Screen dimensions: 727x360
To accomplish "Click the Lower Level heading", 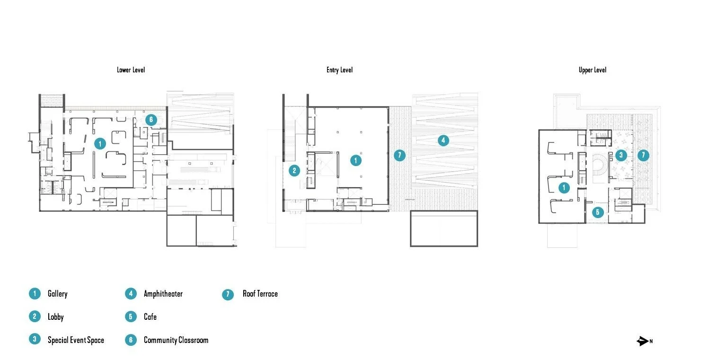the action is coord(131,70).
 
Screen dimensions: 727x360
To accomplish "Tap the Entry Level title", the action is coord(339,70).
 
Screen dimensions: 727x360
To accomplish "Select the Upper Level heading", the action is coord(592,70).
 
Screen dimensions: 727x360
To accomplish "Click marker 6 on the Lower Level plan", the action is coord(151,120).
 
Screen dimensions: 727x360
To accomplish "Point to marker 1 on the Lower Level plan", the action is coord(99,143).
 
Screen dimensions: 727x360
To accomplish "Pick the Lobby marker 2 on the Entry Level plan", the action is coord(294,170).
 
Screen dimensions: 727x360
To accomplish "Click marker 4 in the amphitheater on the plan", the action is coord(443,140).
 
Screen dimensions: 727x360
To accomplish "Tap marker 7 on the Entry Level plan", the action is coord(400,155).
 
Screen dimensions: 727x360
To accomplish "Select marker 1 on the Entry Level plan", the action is coord(355,160).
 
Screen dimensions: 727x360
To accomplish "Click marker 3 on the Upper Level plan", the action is coord(621,155).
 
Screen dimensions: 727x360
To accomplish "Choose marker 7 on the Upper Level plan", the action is coord(643,155).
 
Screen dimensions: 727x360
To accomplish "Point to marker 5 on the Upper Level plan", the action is coord(597,212).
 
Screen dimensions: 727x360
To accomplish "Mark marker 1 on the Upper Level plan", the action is coord(564,188).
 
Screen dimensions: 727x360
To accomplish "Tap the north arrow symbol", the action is coord(643,341).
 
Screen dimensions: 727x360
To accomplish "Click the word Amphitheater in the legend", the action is coord(163,294).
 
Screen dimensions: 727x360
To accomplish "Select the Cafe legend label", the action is coord(150,316).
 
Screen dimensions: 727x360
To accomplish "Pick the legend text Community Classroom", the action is coord(176,340).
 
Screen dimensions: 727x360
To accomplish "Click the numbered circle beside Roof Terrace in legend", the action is coord(228,294).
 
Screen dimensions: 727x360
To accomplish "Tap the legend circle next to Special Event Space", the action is coord(35,339).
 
